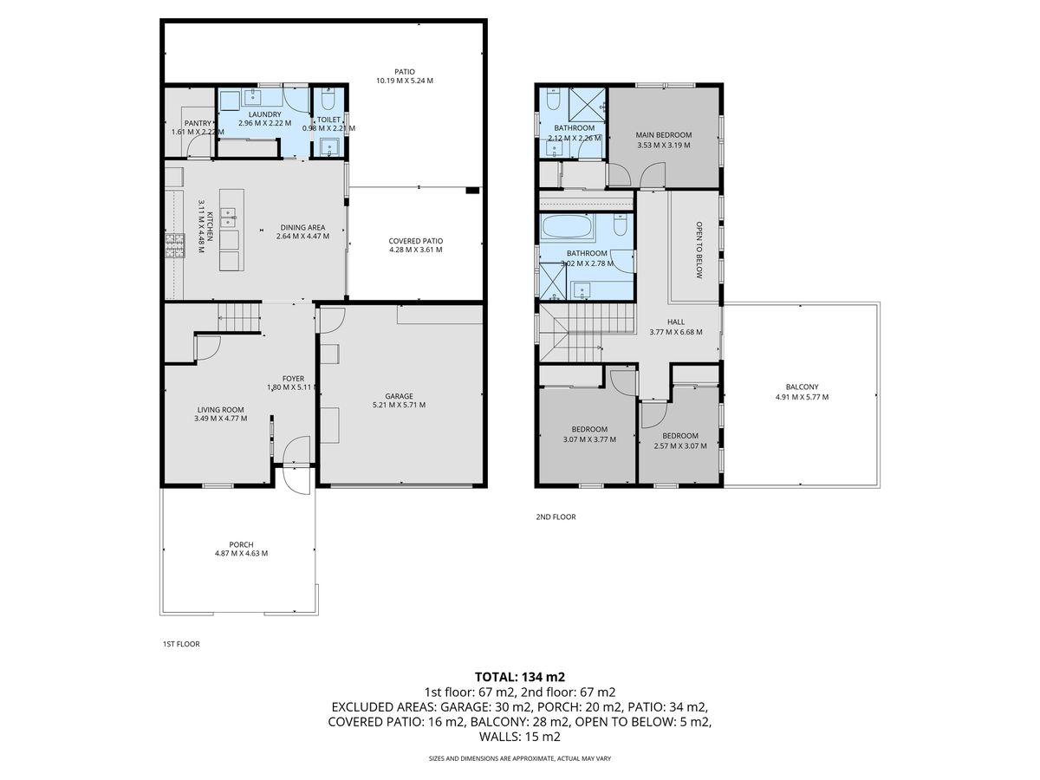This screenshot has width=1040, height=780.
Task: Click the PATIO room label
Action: [x=404, y=72]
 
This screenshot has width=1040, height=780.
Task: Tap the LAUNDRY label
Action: [x=265, y=114]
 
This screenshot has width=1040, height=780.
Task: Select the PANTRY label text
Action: [x=198, y=123]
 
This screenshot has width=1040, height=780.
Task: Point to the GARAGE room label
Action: [x=399, y=396]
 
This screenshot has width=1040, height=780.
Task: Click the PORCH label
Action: [x=241, y=544]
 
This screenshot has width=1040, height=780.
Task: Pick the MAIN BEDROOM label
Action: [x=663, y=135]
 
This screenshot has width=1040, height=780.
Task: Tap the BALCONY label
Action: [x=802, y=387]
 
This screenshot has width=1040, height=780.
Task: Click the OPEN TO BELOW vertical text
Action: [x=699, y=250]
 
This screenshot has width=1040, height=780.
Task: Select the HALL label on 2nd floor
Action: [x=676, y=322]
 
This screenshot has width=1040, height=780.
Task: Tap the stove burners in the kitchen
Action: [x=174, y=245]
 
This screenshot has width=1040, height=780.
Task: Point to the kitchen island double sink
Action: [x=230, y=218]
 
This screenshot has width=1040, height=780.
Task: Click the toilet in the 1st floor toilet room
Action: [x=328, y=98]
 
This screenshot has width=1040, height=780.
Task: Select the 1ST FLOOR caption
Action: [x=181, y=644]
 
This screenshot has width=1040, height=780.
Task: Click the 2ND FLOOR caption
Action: [x=556, y=517]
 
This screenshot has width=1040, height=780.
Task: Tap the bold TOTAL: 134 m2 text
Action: [x=520, y=677]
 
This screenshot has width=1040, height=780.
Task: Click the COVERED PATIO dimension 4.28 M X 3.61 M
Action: [x=415, y=250]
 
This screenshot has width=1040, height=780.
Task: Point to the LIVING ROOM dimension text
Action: [x=220, y=419]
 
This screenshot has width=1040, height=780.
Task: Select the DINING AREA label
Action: [x=302, y=227]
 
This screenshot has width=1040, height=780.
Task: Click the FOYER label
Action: [x=293, y=379]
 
